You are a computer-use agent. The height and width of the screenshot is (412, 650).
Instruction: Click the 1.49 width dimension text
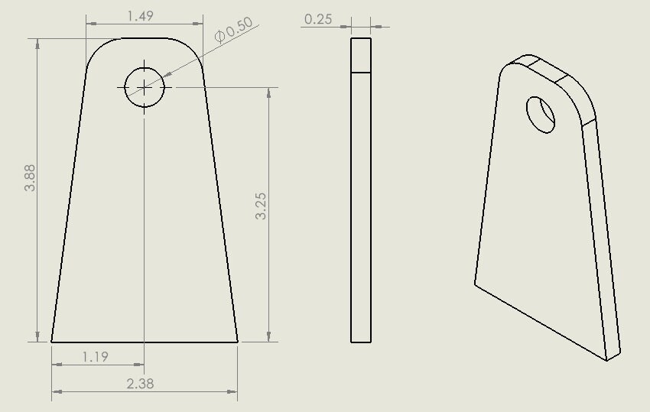[141, 16]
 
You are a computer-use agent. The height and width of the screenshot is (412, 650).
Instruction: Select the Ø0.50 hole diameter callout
[234, 29]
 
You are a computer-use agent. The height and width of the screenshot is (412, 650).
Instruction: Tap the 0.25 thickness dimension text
[318, 19]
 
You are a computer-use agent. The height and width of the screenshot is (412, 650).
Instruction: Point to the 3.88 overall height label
[30, 178]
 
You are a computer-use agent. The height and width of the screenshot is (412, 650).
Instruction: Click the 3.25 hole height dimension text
[261, 206]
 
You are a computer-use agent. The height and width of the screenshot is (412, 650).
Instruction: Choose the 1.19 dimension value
[96, 356]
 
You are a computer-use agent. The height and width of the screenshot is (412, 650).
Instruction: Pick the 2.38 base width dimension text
[140, 384]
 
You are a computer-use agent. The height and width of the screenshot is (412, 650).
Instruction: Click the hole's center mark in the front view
[145, 87]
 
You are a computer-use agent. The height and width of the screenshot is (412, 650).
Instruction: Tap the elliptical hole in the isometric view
[541, 115]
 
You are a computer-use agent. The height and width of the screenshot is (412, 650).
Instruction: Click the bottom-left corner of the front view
[51, 342]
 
